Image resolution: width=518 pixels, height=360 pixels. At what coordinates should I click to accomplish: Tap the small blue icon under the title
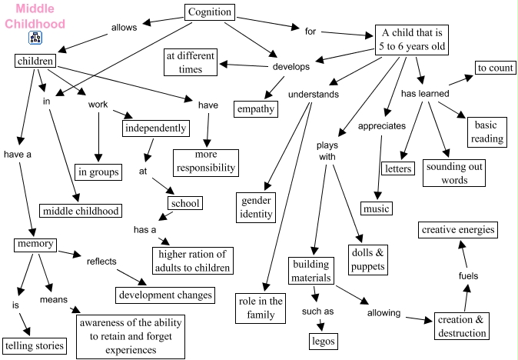tap(35, 38)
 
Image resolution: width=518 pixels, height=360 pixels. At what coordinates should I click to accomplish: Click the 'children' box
tap(33, 61)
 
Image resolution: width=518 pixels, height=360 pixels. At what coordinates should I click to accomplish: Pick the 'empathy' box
tap(256, 108)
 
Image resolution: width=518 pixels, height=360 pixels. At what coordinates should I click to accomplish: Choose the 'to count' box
tap(495, 68)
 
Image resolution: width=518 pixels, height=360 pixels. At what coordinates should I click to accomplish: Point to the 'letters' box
tap(397, 168)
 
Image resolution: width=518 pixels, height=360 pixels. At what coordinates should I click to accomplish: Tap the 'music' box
tap(377, 208)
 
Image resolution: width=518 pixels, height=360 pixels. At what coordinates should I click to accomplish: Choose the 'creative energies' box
tap(457, 229)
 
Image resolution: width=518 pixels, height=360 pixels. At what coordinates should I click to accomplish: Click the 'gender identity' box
tap(256, 207)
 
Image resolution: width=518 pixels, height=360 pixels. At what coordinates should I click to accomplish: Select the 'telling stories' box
tap(34, 345)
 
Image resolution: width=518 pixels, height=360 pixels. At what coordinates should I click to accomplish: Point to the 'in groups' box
tap(98, 172)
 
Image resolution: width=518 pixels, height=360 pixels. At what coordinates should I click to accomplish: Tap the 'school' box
tap(185, 203)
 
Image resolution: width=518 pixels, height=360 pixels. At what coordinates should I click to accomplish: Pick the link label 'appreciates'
tap(377, 125)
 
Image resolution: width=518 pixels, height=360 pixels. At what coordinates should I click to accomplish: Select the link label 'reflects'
tap(101, 261)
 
